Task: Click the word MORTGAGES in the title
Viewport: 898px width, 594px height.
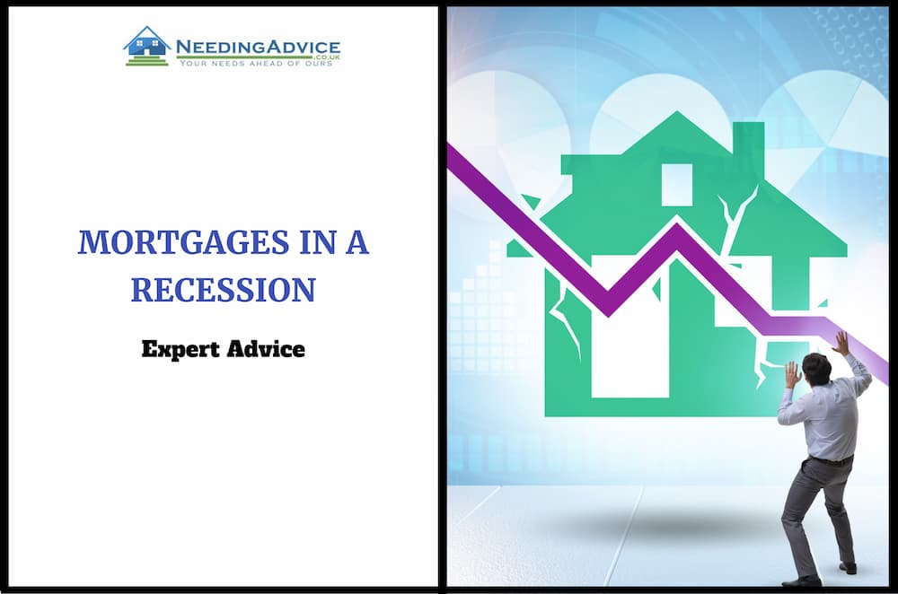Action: coord(183,241)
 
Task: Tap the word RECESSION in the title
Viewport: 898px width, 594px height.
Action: coord(224,290)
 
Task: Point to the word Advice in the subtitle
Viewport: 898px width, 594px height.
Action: coord(266,348)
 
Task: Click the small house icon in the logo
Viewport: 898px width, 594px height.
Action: coord(147,46)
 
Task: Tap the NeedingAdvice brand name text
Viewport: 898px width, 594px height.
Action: coord(258,47)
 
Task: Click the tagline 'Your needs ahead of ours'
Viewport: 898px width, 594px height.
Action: coord(256,63)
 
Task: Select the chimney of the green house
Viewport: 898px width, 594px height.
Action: coord(749,150)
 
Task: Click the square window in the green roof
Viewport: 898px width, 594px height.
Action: coord(677,184)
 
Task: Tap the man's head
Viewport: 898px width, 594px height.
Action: coord(815,369)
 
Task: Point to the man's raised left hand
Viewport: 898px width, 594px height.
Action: coord(792,374)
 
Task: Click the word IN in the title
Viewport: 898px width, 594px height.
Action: coord(317,241)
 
